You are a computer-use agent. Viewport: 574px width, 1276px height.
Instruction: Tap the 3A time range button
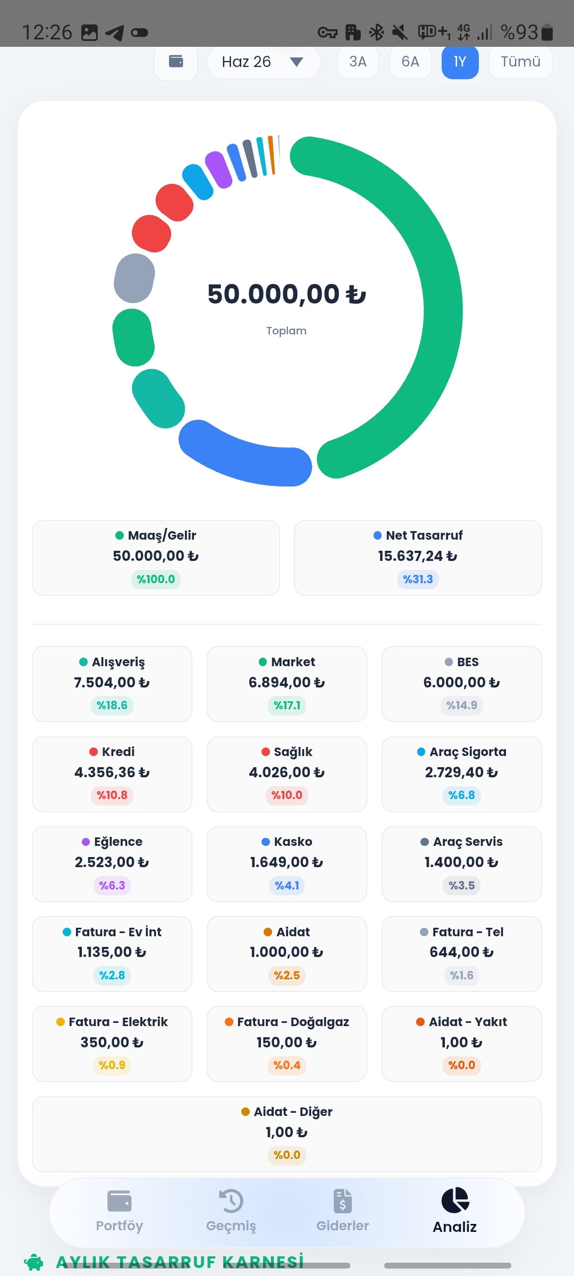point(358,62)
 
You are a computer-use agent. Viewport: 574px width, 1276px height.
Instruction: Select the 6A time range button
point(410,62)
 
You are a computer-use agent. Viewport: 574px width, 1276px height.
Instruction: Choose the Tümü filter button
point(520,62)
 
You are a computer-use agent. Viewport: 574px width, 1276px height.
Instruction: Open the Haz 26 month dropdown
point(264,62)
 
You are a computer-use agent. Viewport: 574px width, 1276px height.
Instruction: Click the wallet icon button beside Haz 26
point(176,62)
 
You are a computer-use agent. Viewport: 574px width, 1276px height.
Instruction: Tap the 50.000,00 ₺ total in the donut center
point(286,294)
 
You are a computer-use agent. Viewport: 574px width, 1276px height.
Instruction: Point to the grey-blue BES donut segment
point(134,278)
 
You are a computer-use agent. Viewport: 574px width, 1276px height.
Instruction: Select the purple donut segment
point(218,170)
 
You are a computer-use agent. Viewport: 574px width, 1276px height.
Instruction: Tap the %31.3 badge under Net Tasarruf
point(418,579)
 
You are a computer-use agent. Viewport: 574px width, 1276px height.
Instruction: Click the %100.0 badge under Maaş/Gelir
point(156,579)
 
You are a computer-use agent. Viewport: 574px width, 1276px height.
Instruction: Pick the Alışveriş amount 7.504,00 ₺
point(112,683)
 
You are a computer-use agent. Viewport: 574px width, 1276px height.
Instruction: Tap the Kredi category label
point(118,752)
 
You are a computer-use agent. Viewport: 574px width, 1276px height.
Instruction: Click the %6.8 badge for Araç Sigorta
point(461,795)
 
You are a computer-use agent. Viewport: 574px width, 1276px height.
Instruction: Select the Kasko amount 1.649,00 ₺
point(286,862)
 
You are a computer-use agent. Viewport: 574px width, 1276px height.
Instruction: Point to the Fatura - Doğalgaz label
point(293,1022)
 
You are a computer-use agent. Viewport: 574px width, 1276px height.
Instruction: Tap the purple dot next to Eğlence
point(86,842)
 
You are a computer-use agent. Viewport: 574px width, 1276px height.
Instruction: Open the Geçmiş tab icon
point(231,1201)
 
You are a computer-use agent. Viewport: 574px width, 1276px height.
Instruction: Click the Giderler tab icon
point(343,1201)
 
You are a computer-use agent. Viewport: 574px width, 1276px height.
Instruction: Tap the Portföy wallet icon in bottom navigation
point(120,1201)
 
